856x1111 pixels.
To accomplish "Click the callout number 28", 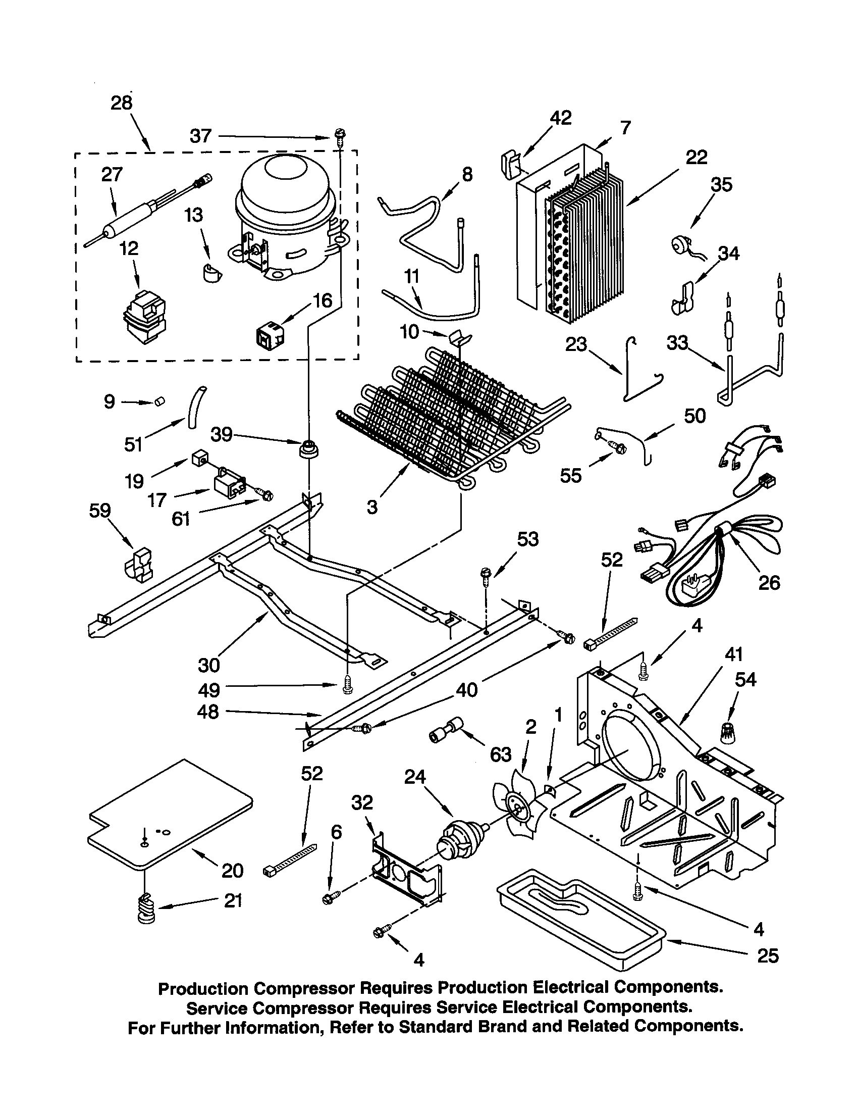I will click(x=122, y=103).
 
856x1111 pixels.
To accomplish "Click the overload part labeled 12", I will click(x=144, y=316).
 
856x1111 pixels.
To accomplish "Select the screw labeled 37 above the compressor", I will click(x=338, y=136).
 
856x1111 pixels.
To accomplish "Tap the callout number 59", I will click(x=99, y=510).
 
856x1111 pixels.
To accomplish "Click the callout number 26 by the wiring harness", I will click(x=769, y=582).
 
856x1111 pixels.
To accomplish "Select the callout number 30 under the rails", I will click(x=208, y=665).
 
